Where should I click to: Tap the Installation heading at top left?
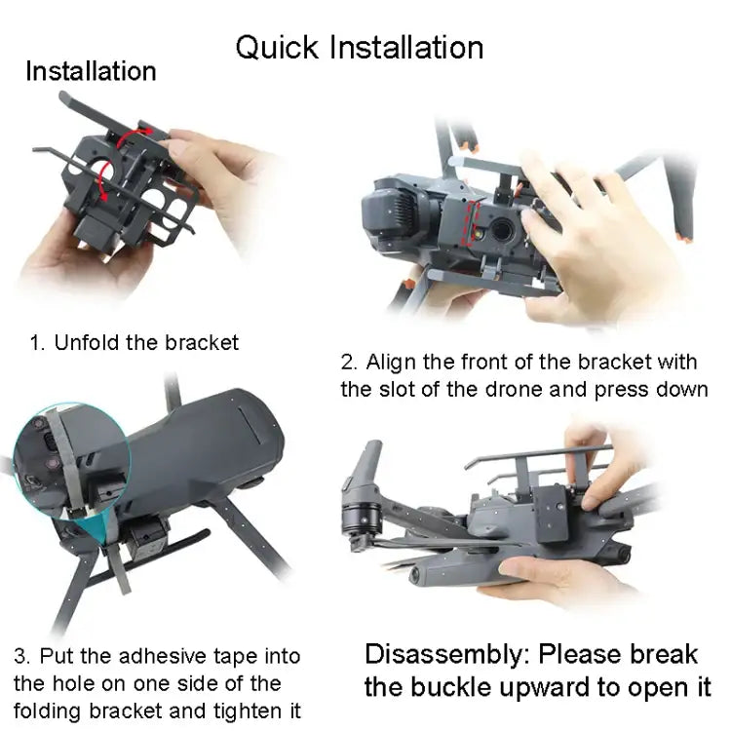click(x=91, y=71)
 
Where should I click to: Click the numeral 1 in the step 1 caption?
click(x=36, y=342)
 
